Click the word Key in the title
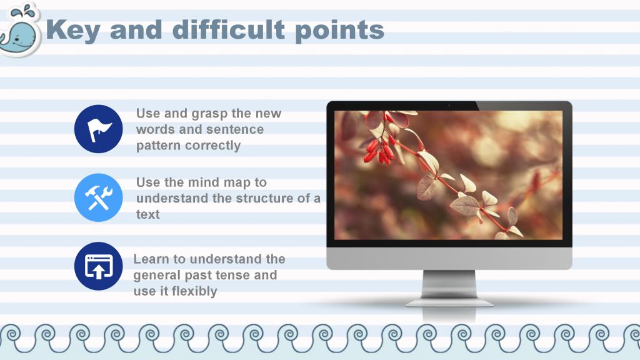pos(72,30)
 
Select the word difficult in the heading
pos(229,29)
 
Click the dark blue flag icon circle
pos(98,129)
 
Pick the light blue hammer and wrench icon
pos(98,197)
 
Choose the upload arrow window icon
pos(98,266)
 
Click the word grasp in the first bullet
pos(209,114)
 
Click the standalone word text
pos(147,214)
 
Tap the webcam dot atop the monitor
pos(449,106)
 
